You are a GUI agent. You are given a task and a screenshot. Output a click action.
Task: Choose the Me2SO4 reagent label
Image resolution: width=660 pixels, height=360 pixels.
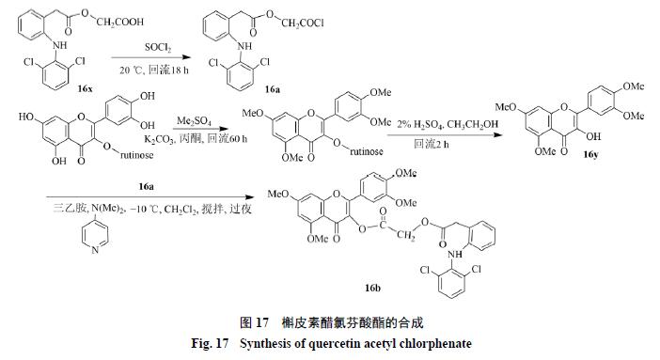click(193, 121)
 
